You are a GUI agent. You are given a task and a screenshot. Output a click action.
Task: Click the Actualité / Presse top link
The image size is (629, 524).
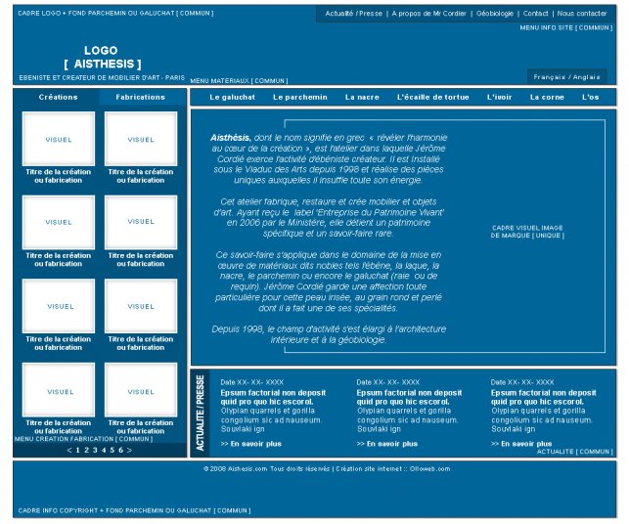point(354,14)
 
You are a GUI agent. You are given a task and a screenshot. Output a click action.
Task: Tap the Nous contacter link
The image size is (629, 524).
point(582,14)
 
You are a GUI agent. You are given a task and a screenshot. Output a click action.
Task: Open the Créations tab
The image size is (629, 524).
point(58,98)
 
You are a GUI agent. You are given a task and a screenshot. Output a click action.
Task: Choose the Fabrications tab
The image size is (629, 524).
point(140,98)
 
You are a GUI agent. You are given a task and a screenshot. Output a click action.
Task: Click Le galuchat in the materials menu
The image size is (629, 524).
point(233,98)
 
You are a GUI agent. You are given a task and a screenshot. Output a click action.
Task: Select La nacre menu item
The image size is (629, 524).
point(361,98)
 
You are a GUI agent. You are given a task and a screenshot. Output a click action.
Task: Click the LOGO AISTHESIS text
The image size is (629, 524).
point(101,57)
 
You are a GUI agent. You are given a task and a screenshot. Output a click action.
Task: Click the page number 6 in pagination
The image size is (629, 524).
point(119,450)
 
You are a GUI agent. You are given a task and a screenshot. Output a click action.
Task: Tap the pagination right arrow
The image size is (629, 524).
point(130,450)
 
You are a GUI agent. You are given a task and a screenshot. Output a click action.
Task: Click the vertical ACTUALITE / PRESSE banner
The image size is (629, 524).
point(200,413)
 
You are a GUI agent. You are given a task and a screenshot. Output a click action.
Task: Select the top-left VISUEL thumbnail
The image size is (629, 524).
point(58,140)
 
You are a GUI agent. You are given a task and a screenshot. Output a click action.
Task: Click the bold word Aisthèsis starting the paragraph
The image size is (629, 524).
point(230,139)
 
